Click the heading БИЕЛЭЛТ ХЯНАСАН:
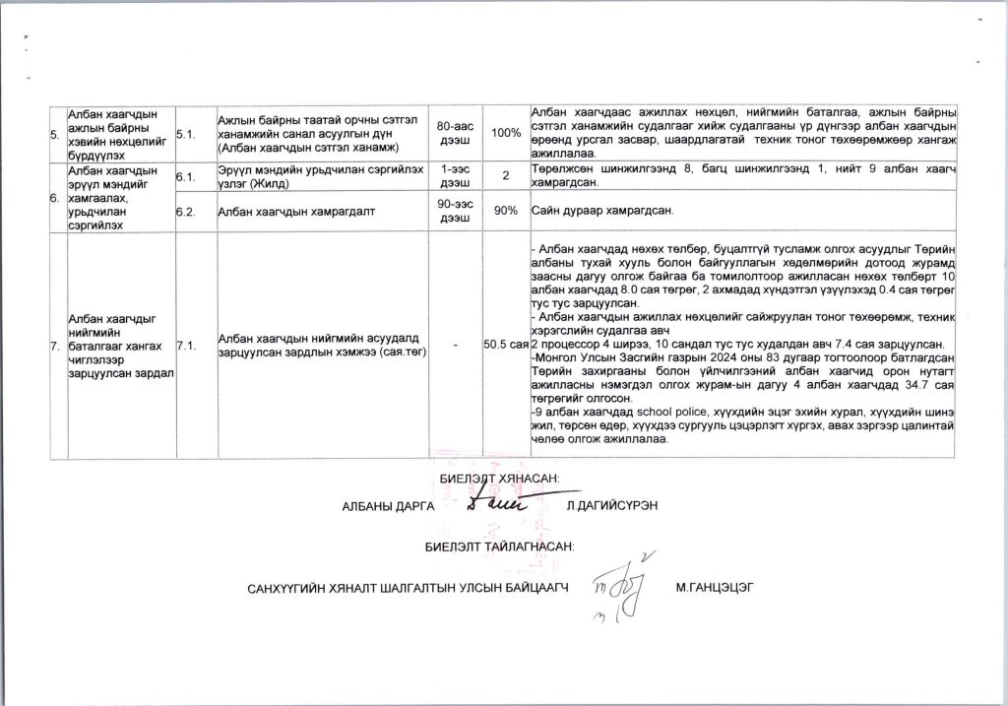pyautogui.click(x=498, y=479)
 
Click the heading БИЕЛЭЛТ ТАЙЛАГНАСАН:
pyautogui.click(x=499, y=545)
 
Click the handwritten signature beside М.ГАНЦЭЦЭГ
pyautogui.click(x=617, y=592)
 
